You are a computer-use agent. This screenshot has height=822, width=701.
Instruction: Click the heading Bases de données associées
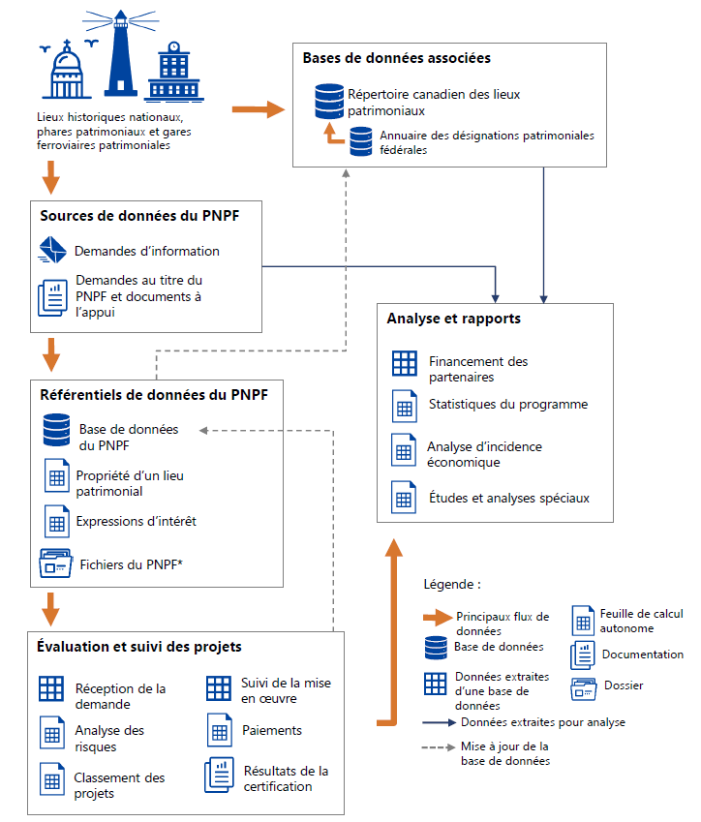[x=396, y=58]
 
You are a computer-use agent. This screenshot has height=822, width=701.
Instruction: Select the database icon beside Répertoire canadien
[x=329, y=100]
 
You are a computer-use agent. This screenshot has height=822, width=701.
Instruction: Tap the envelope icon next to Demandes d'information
[x=52, y=250]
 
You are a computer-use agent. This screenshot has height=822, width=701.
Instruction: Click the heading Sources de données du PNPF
[x=139, y=216]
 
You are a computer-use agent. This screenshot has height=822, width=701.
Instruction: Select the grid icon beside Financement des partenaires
[x=404, y=364]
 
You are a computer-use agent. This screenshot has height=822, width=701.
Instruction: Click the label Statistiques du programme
[x=507, y=404]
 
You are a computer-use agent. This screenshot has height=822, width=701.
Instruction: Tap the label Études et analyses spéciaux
[x=508, y=499]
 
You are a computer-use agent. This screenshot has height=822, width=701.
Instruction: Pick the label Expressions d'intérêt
[x=137, y=521]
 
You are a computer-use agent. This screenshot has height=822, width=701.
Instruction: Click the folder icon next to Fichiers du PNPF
[x=55, y=563]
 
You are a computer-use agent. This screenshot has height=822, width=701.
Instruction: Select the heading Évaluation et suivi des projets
[x=139, y=646]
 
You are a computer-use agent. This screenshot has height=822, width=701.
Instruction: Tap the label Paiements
[x=271, y=730]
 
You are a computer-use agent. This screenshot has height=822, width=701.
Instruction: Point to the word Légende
[x=452, y=585]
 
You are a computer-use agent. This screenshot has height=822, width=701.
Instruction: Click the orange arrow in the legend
[x=438, y=617]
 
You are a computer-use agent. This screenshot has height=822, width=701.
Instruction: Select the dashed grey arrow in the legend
[x=438, y=746]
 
